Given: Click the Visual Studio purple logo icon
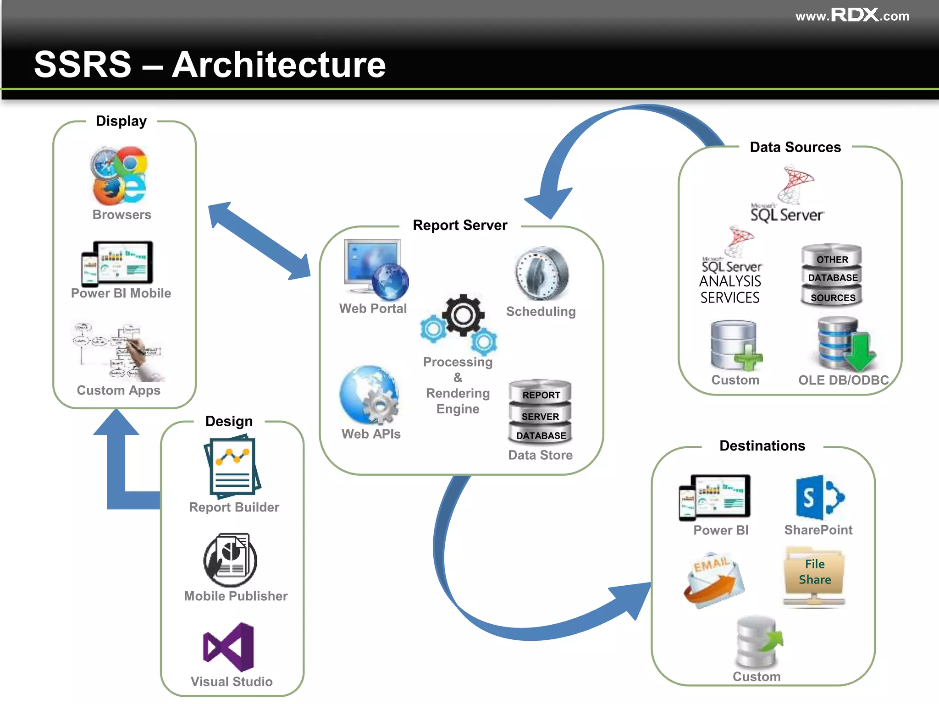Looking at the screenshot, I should [228, 647].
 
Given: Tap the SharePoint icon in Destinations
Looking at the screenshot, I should [819, 497].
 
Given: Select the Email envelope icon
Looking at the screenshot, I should [713, 580].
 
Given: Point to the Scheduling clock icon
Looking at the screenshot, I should [541, 274].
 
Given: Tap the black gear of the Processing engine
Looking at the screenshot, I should [463, 315].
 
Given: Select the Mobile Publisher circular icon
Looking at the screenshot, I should [230, 560].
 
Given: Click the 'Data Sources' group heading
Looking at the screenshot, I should [795, 147].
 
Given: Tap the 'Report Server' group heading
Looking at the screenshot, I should [460, 225].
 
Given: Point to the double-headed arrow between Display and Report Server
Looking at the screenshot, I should [260, 241].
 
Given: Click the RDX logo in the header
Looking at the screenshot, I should [855, 15].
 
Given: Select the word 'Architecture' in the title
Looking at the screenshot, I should [279, 65].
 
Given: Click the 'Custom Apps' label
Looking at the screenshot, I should [118, 390].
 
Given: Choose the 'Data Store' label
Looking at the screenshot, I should [540, 455].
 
